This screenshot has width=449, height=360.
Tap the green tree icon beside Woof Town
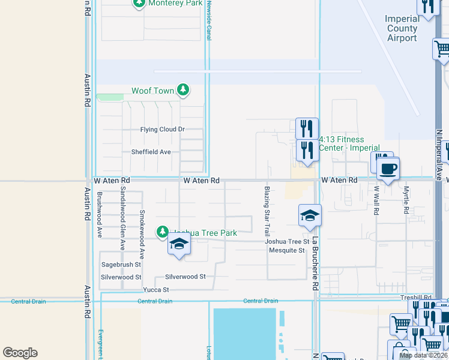click(x=184, y=91)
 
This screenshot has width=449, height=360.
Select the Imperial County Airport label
click(x=402, y=28)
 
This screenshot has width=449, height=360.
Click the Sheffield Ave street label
click(x=151, y=152)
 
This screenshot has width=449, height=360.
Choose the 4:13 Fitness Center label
click(x=349, y=143)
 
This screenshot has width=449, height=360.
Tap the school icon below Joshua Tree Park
click(x=178, y=244)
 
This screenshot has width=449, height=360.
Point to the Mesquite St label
click(x=286, y=250)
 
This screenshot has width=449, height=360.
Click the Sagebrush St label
click(x=121, y=264)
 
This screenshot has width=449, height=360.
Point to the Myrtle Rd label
click(x=406, y=200)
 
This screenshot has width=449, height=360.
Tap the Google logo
click(x=20, y=353)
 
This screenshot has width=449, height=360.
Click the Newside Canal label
click(x=209, y=20)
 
